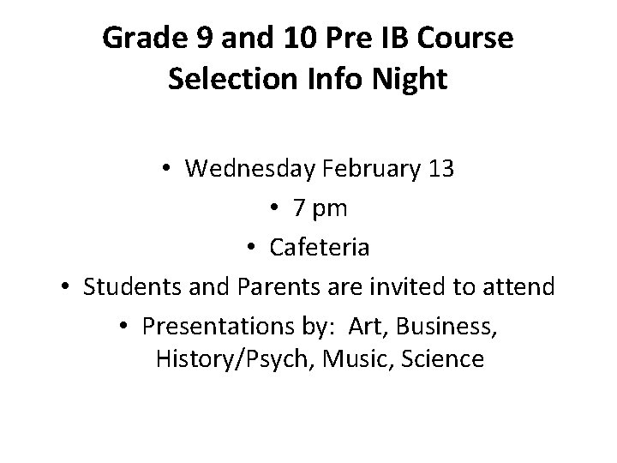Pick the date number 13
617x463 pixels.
[440, 169]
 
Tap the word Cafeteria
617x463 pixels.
[320, 248]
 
